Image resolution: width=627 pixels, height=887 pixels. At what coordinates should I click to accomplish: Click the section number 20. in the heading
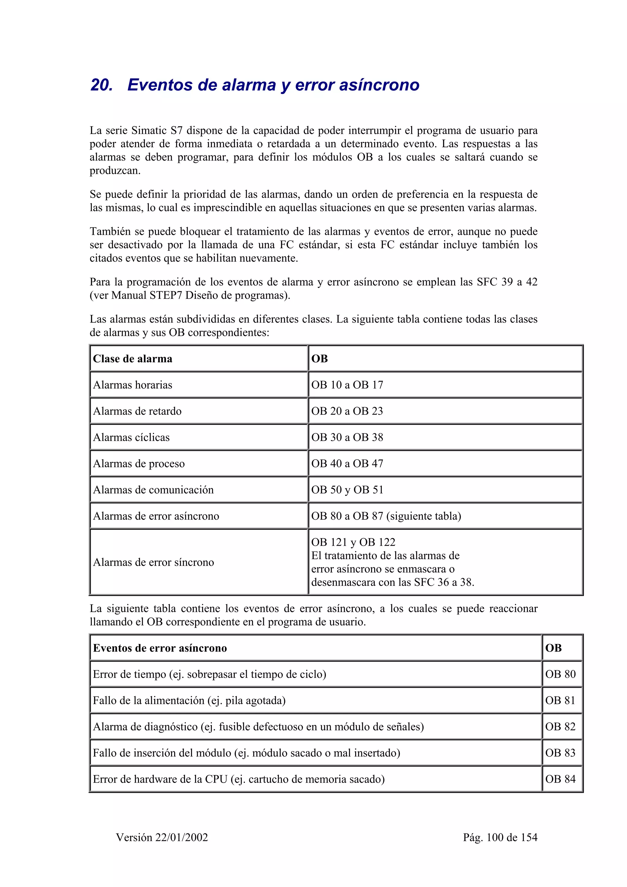(x=102, y=85)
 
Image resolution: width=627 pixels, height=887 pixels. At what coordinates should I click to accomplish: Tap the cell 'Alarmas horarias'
(x=133, y=385)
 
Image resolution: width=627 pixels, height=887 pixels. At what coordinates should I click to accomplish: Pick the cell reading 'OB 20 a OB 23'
(x=347, y=411)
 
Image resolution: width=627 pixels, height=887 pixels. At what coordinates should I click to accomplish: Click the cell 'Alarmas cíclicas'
(x=131, y=437)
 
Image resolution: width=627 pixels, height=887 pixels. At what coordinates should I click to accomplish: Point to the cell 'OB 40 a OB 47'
(x=347, y=464)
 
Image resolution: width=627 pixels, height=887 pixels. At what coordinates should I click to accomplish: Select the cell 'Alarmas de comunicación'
(x=153, y=490)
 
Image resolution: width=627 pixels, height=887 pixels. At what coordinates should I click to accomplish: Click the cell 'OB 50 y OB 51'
(x=347, y=490)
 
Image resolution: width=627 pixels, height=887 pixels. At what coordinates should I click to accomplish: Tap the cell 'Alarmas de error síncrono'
(x=153, y=562)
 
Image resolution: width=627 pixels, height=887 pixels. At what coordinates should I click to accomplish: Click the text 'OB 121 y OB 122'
(x=353, y=542)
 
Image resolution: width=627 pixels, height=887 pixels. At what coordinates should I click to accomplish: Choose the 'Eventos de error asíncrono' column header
(x=160, y=648)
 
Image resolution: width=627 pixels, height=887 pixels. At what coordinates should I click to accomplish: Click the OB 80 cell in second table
(x=560, y=674)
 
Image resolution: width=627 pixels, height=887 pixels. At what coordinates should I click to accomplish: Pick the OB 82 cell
(x=560, y=727)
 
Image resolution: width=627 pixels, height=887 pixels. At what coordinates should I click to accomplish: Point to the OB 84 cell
(x=560, y=779)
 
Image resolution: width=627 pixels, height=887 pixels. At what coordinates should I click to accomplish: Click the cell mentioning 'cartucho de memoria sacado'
(x=239, y=779)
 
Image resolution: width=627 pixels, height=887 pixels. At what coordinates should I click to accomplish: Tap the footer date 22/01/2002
(x=182, y=837)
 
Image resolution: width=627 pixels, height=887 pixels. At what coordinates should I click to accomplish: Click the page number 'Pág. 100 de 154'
(x=500, y=837)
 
